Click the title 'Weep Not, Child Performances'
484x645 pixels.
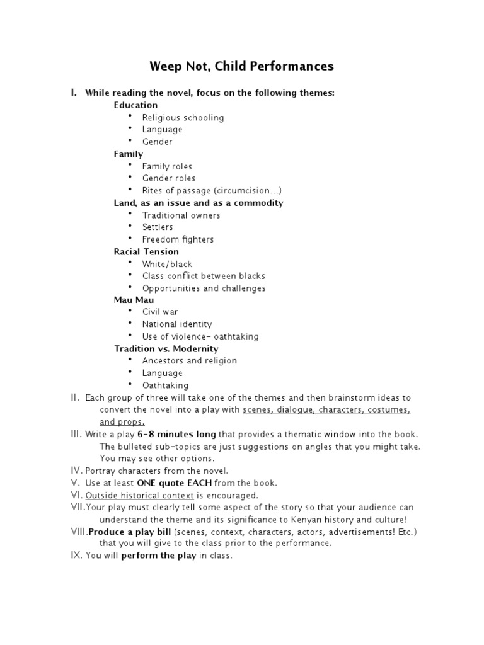click(241, 66)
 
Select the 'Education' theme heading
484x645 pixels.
click(135, 105)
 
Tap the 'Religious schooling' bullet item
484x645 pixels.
click(183, 117)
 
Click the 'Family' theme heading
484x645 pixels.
click(128, 154)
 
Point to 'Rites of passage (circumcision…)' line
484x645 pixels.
click(212, 190)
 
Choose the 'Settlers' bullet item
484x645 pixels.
click(158, 227)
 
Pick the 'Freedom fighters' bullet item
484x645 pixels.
click(178, 239)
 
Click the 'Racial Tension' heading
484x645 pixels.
click(146, 251)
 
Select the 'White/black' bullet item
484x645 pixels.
click(167, 264)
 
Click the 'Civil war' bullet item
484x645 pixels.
click(160, 312)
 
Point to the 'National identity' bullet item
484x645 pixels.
click(177, 324)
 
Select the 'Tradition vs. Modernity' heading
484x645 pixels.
click(166, 348)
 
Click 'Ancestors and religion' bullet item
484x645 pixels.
click(189, 361)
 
